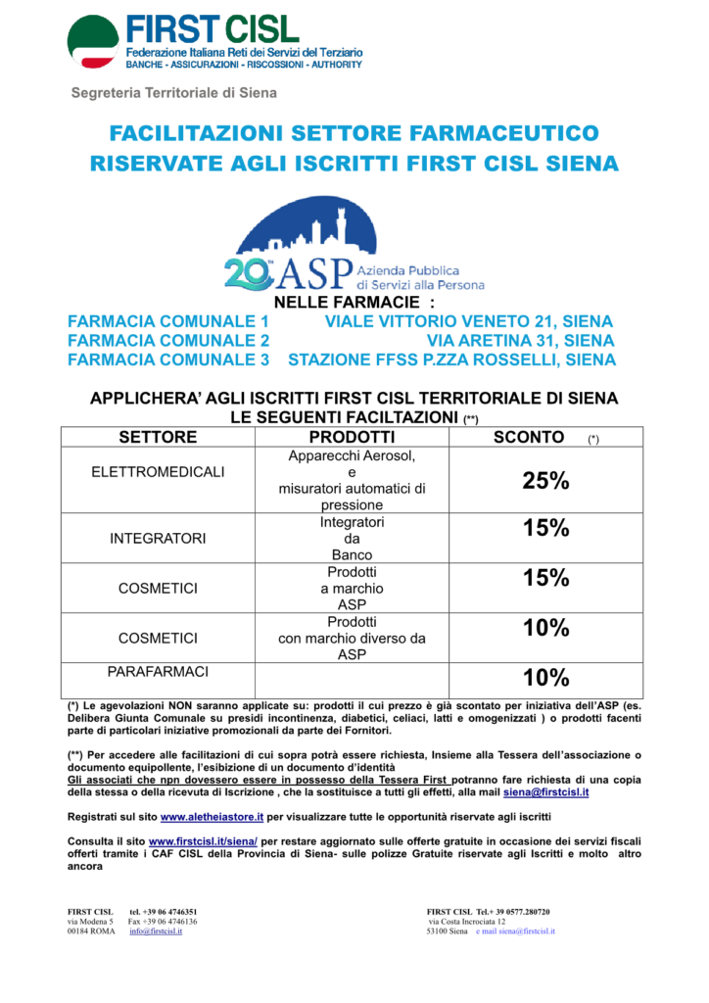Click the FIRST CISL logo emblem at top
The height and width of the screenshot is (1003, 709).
93,42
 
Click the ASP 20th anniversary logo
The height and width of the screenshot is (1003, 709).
354,245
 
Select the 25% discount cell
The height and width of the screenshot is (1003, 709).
546,481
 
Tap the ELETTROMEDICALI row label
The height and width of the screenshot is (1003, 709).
158,472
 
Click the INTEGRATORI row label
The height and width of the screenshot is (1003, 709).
158,539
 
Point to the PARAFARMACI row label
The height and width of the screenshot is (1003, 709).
158,673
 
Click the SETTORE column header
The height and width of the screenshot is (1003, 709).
158,437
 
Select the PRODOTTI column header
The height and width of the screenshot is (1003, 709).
352,437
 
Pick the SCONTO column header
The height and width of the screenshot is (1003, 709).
531,437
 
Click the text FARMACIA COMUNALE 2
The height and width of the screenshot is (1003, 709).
168,341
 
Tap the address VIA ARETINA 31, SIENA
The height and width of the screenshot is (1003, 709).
521,341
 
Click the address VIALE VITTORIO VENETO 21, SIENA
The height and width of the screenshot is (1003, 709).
468,322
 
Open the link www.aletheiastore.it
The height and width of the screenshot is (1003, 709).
213,816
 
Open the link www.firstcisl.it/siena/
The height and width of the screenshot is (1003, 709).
203,841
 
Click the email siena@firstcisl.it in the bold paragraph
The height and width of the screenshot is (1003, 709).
546,791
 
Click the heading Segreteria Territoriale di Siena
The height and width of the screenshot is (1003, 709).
173,93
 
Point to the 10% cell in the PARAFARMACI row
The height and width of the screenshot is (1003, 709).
546,678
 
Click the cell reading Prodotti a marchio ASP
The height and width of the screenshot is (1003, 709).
352,589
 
